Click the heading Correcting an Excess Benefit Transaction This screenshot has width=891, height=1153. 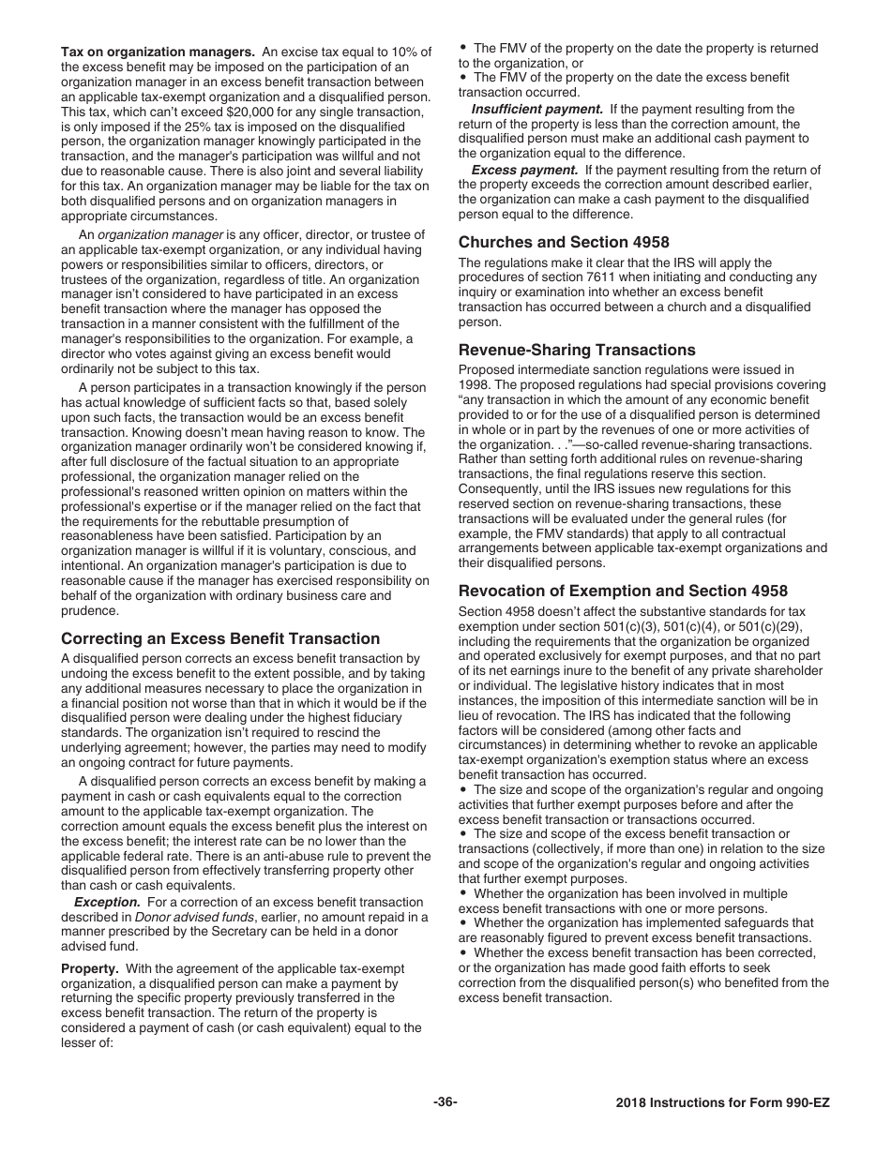click(x=220, y=638)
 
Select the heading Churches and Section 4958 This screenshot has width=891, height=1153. click(x=564, y=242)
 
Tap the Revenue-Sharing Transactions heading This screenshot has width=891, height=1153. click(x=577, y=350)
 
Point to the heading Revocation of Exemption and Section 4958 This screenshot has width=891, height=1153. click(x=623, y=591)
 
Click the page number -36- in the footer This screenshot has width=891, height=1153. click(x=445, y=1101)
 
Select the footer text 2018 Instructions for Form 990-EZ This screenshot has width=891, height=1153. click(x=722, y=1102)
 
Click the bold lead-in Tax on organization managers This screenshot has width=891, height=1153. click(x=158, y=52)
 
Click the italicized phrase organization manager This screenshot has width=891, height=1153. click(x=160, y=234)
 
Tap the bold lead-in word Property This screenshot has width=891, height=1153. click(x=89, y=968)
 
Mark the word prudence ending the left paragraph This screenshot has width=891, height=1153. click(x=90, y=610)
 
